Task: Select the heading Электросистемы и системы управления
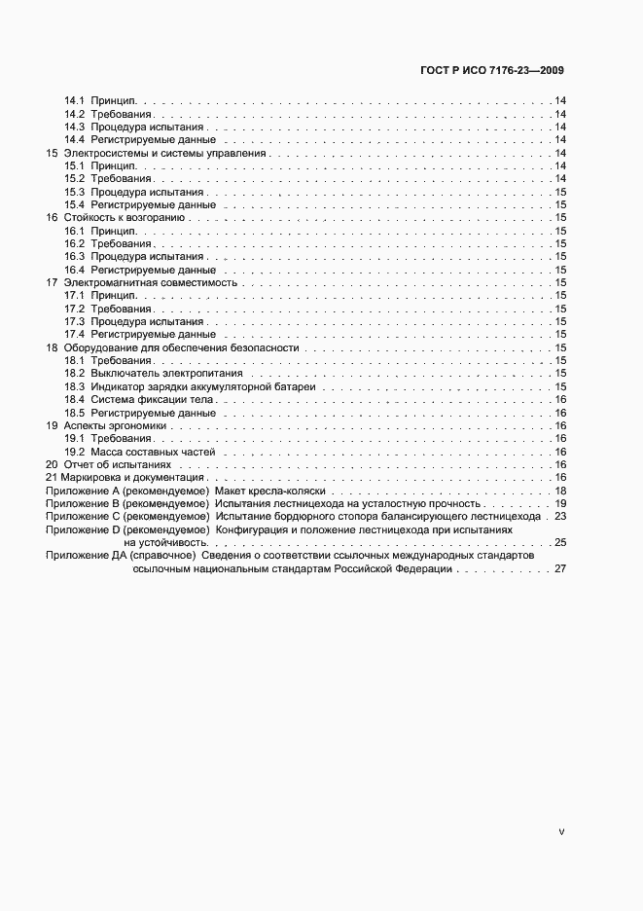164,153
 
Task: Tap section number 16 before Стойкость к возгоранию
53,218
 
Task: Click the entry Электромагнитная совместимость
151,282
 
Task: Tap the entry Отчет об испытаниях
109,465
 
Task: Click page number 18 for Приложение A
560,492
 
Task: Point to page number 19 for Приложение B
560,504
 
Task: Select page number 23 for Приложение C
560,517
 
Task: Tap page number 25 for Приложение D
560,542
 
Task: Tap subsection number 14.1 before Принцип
75,100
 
